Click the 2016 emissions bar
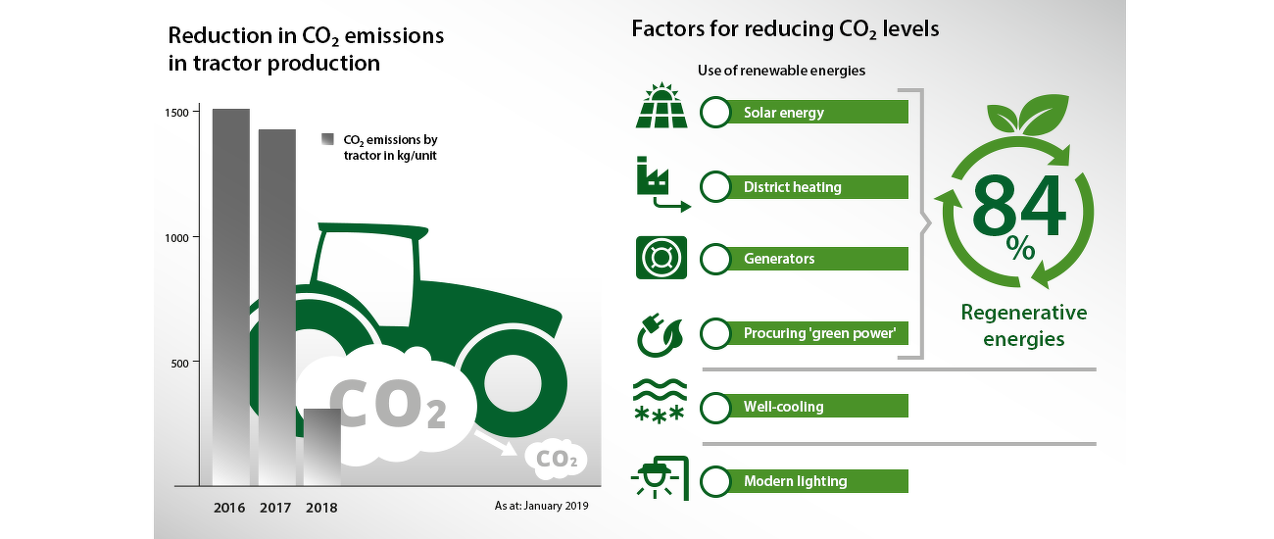click(x=231, y=297)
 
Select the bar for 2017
click(x=277, y=308)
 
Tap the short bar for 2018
click(x=321, y=448)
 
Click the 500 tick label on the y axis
click(x=179, y=364)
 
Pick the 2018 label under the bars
click(x=321, y=508)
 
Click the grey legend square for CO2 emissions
click(x=327, y=139)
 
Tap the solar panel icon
click(x=661, y=105)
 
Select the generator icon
click(x=661, y=258)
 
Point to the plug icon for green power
click(x=660, y=335)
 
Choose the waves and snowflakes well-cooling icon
click(x=660, y=402)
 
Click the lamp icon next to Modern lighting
click(x=661, y=478)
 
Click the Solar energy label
click(x=784, y=113)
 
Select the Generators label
click(x=779, y=259)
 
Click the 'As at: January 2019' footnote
click(x=541, y=506)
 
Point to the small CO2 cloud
click(x=556, y=459)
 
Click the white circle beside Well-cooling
click(x=715, y=407)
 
